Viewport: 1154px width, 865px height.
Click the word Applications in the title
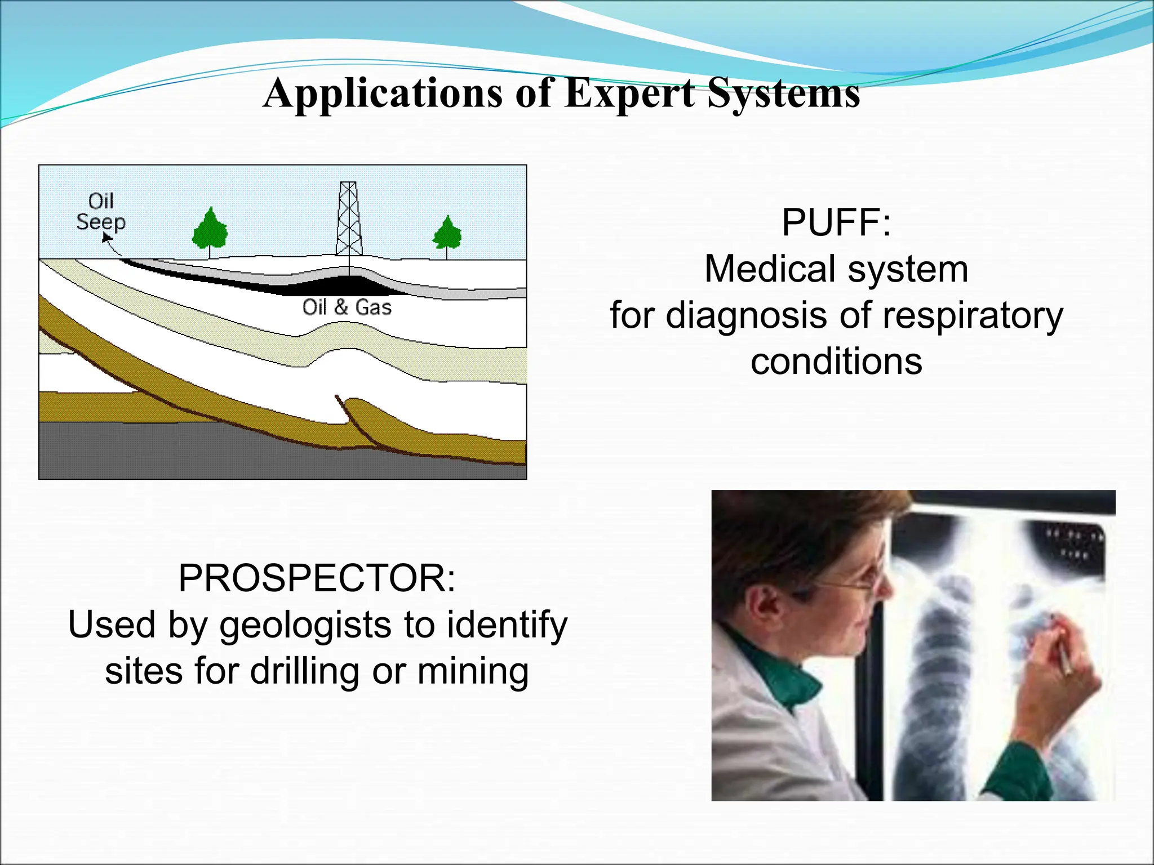[x=383, y=93]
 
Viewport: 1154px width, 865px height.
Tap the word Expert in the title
[x=629, y=93]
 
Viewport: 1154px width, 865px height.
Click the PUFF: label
[x=836, y=222]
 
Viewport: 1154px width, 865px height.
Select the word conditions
[x=836, y=362]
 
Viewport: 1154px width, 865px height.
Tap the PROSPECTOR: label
[x=317, y=578]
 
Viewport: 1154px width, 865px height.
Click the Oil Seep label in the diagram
[x=101, y=212]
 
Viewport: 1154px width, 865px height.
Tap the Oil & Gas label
[x=347, y=307]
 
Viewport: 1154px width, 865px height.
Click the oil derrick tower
[x=349, y=220]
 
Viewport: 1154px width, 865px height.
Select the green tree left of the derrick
[x=210, y=230]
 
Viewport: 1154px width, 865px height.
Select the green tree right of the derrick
[x=447, y=234]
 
